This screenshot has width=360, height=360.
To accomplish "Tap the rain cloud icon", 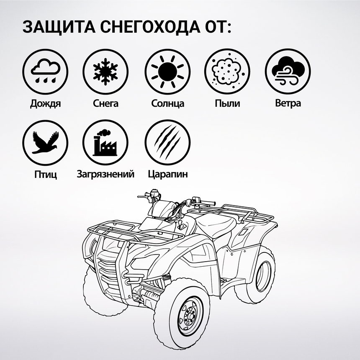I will click(x=45, y=71).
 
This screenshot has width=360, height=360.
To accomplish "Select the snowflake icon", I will click(x=105, y=71).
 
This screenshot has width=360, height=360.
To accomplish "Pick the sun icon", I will click(x=167, y=71).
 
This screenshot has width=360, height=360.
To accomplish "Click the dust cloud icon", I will click(x=227, y=71).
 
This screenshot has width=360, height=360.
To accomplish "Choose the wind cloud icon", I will click(x=288, y=71).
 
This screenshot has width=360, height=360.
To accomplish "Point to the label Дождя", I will click(x=45, y=103).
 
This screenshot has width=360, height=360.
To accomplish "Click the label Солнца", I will click(x=167, y=103).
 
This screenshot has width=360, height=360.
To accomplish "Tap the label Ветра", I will click(x=288, y=103).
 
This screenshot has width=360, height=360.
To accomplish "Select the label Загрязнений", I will click(x=105, y=174).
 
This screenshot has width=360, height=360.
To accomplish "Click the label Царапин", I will click(x=167, y=174).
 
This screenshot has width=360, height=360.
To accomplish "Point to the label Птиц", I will click(x=45, y=174).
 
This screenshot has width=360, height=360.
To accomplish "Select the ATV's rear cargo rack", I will click(x=247, y=213).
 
